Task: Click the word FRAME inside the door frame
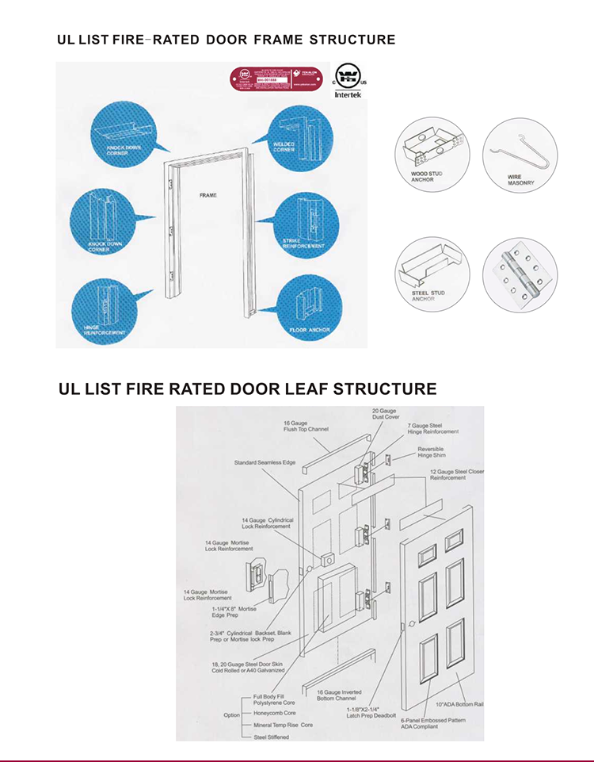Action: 208,194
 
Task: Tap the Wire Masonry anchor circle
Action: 520,155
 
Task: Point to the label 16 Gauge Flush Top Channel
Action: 306,426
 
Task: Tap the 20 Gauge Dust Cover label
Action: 386,414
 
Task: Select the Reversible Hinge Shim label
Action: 431,452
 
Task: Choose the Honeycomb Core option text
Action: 274,713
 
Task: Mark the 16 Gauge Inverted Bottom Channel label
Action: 341,695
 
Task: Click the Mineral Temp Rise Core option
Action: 283,725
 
